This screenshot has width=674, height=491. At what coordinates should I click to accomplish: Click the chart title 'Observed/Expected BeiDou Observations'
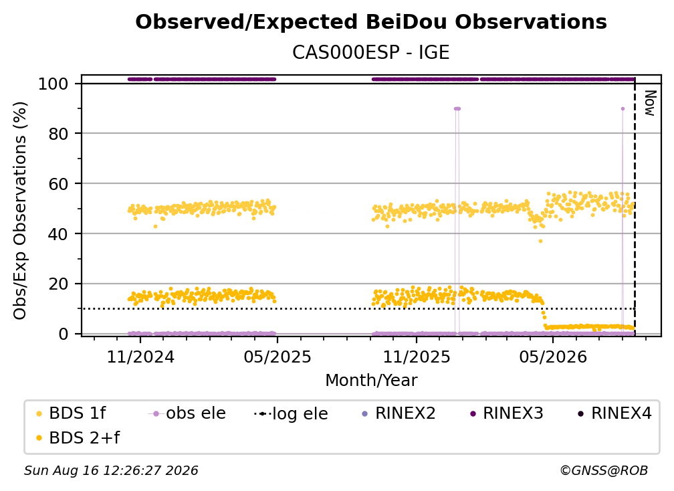[x=371, y=21]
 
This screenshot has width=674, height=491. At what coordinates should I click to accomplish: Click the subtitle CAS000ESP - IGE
[x=371, y=52]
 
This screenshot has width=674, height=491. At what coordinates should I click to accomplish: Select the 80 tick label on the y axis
[x=58, y=134]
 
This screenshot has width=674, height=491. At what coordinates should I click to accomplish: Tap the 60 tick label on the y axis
[x=58, y=183]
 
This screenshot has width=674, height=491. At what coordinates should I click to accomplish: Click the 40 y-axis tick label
[x=58, y=234]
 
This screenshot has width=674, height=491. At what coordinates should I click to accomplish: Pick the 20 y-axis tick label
[x=58, y=284]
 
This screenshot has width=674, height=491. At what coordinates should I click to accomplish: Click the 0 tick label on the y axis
[x=64, y=334]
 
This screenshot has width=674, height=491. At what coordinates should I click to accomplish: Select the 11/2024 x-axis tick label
[x=140, y=357]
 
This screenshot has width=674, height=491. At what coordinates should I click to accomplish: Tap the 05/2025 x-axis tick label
[x=277, y=357]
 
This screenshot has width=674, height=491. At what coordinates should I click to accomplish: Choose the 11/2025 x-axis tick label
[x=417, y=357]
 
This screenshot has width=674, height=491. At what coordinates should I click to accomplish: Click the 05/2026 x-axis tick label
[x=553, y=357]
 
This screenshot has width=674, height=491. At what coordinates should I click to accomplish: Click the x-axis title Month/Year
[x=371, y=380]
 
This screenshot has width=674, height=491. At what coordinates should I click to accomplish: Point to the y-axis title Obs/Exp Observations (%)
[x=20, y=210]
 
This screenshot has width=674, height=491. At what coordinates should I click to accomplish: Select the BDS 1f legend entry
[x=71, y=413]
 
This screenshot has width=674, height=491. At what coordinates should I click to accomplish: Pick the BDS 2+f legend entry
[x=78, y=437]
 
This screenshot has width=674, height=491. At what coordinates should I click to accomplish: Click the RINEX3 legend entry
[x=507, y=413]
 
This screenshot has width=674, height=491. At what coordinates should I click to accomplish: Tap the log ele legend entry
[x=292, y=413]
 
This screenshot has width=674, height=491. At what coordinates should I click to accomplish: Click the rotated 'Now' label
[x=650, y=103]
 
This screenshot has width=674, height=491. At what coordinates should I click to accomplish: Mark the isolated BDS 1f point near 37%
[x=540, y=241]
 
